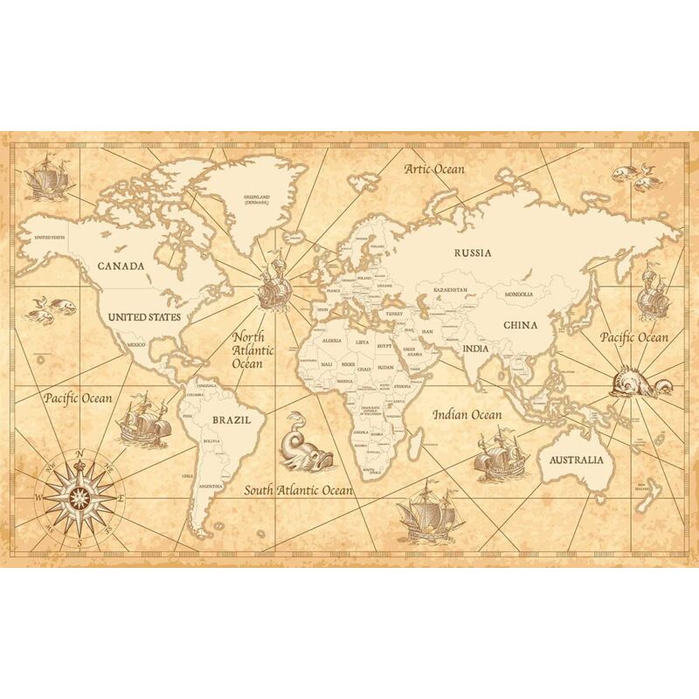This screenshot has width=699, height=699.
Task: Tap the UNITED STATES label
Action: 145,317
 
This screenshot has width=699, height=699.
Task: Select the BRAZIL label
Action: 232,419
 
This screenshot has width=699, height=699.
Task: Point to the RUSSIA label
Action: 472,253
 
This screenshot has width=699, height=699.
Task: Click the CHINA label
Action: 519,325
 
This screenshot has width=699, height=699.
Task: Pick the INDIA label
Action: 475,349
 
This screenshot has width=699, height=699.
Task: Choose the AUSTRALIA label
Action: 576,460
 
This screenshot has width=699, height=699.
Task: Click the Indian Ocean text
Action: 467,414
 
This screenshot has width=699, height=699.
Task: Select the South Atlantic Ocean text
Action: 298,490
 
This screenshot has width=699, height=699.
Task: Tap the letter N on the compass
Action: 80,453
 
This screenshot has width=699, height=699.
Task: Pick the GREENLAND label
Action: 257,199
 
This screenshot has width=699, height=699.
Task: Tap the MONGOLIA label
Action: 518,294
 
